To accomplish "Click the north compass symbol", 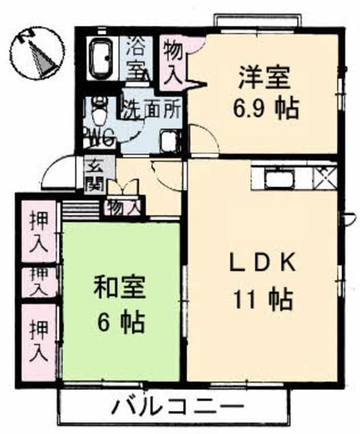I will (37, 51).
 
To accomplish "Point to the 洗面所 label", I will (150, 108).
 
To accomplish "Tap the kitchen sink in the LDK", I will (280, 178).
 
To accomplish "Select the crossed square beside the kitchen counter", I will (324, 178).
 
